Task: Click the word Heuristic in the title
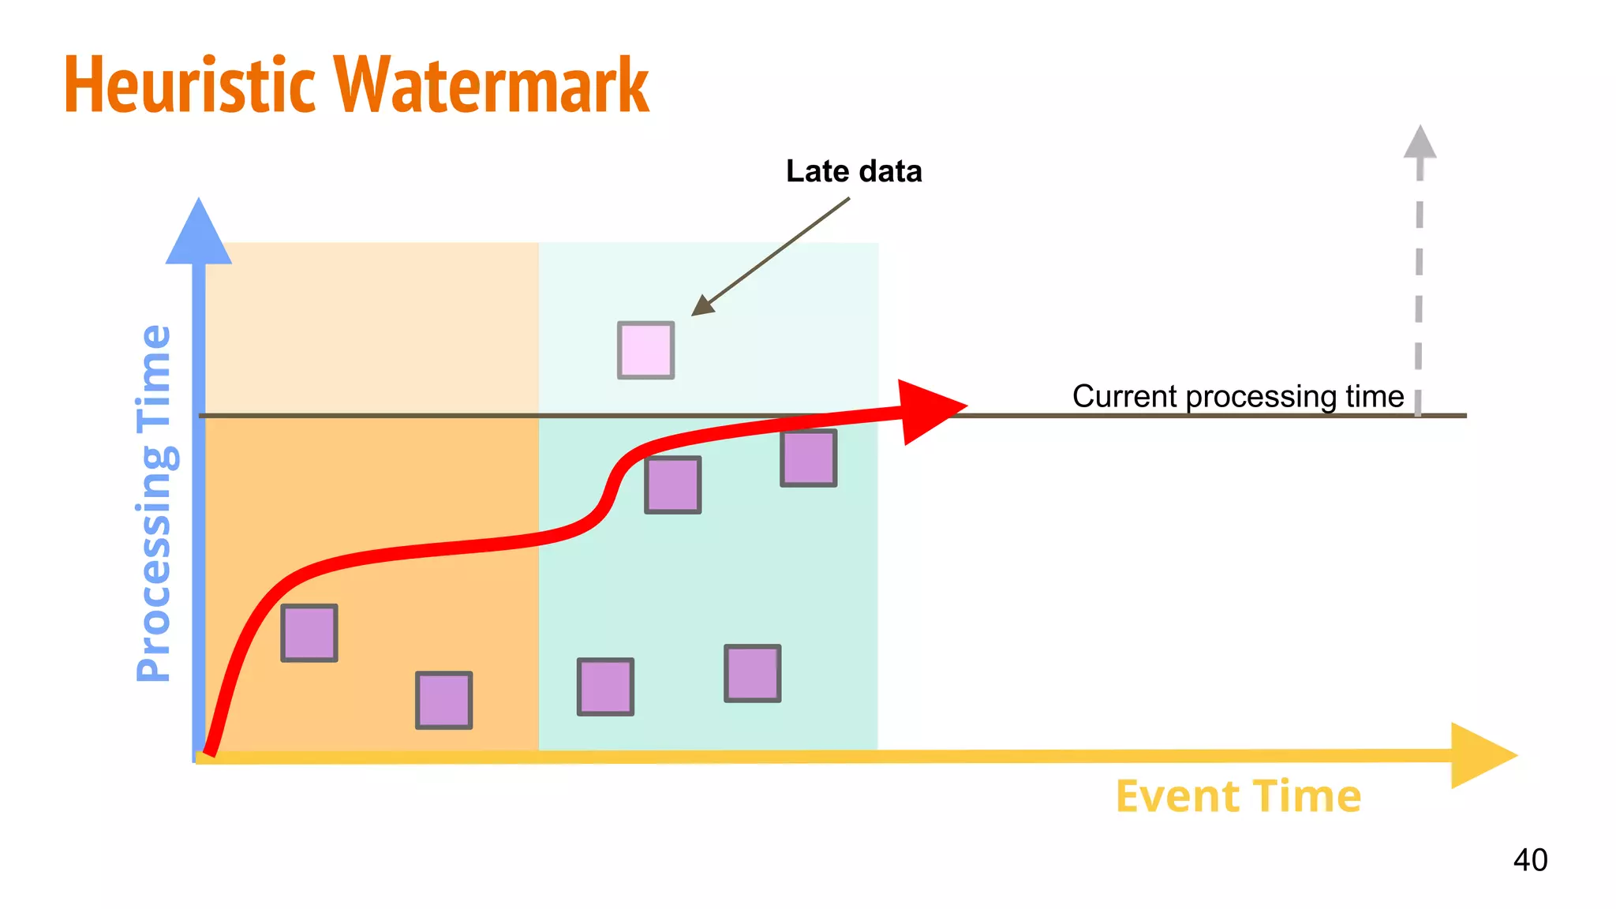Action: tap(189, 85)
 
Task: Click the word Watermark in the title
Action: tap(491, 85)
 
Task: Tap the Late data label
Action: tap(854, 171)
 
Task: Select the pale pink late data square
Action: tap(645, 350)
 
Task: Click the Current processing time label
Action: tap(1237, 396)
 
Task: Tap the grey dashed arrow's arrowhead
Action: tap(1420, 142)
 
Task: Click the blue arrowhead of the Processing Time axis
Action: tap(199, 233)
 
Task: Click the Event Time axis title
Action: tap(1237, 796)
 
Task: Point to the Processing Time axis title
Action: tap(153, 503)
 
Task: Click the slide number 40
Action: tap(1530, 860)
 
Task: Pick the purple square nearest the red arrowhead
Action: tap(808, 458)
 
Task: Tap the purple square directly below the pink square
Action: tap(672, 484)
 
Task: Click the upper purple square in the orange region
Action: tap(309, 633)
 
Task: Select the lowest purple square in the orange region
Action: tap(443, 700)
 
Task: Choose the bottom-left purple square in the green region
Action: tap(605, 686)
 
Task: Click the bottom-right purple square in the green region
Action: tap(753, 673)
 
